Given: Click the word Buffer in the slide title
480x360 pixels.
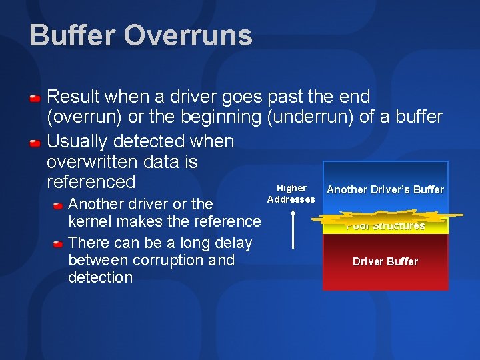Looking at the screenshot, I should tap(72, 35).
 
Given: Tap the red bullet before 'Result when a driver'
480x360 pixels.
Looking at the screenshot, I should tap(35, 98).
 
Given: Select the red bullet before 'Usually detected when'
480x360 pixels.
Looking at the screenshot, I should tap(35, 143).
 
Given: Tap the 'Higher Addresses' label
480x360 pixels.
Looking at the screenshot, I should tap(291, 194).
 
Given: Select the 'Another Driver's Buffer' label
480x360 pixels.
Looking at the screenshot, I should tap(385, 189).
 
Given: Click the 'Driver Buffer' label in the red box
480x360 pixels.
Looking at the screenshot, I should tap(385, 261).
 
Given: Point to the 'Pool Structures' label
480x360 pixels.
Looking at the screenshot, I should tap(385, 225).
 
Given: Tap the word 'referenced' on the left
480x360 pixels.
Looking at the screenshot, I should tap(91, 181).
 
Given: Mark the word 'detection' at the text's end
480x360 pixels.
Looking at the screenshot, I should tap(100, 277).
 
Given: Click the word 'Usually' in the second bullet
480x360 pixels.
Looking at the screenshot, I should tap(78, 141).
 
